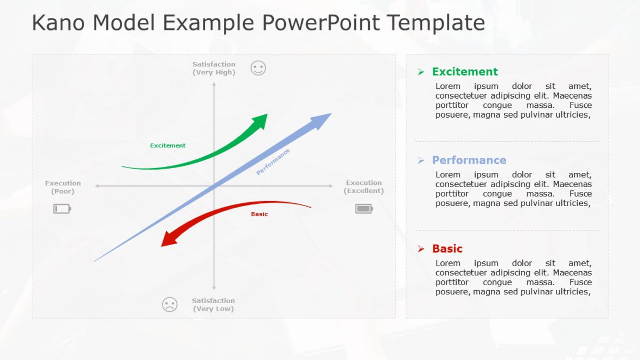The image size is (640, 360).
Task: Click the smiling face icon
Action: [x=258, y=68]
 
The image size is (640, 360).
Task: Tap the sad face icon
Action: [x=170, y=305]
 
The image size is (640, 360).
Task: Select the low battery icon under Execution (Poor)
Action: [x=62, y=209]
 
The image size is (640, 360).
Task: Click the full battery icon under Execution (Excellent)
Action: [x=364, y=209]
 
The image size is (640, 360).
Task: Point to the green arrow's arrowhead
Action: [x=261, y=121]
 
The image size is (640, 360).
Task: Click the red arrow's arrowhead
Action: [x=169, y=239]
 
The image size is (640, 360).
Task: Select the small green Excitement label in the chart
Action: [x=168, y=145]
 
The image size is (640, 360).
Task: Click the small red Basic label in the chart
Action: [x=259, y=214]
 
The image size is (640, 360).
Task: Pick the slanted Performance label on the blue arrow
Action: [x=273, y=162]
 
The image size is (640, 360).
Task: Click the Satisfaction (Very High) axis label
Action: [x=214, y=68]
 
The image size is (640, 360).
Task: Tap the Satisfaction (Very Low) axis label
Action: [x=213, y=305]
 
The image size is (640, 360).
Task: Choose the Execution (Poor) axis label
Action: [x=63, y=187]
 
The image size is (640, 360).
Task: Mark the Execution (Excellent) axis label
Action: [x=364, y=187]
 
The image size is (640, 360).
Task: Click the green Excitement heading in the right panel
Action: [x=465, y=72]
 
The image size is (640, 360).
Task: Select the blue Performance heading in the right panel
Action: [x=469, y=160]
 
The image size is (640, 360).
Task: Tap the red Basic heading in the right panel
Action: [x=447, y=249]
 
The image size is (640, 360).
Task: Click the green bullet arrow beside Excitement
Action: [x=421, y=72]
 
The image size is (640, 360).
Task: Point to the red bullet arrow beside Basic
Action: [x=421, y=249]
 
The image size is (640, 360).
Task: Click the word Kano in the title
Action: [x=59, y=23]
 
